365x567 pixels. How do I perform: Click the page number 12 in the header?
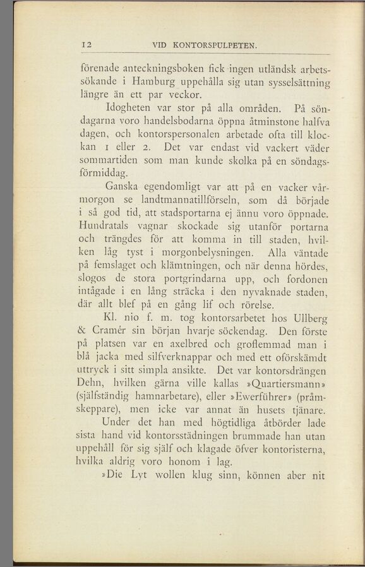click(x=87, y=45)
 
